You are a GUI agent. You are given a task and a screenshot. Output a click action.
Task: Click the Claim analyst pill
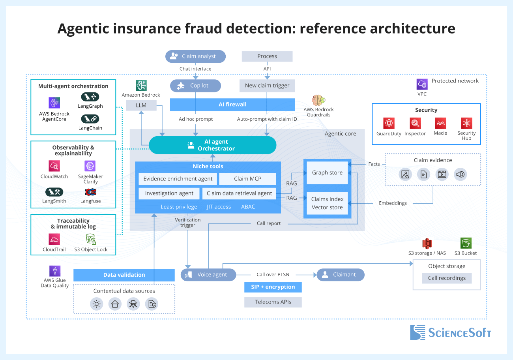pos(195,56)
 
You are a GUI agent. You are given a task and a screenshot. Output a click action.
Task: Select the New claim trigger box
pos(267,85)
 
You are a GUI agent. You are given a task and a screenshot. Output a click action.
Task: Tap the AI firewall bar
pos(232,105)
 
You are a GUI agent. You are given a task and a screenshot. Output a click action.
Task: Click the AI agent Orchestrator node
pos(212,145)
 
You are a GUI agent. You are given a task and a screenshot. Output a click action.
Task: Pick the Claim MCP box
pos(247,179)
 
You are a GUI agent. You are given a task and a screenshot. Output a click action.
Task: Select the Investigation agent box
pos(169,193)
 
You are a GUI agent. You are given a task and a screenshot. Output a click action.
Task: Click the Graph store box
pos(327,172)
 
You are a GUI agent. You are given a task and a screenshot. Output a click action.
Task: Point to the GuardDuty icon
pos(389,123)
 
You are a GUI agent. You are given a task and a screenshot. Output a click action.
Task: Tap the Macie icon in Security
pos(440,123)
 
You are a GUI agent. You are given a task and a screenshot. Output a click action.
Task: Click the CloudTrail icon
pos(54,239)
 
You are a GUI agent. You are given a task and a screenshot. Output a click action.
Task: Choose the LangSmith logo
pos(54,192)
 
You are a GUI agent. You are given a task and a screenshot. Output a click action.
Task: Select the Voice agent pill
pos(208,275)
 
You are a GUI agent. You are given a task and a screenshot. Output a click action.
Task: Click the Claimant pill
pos(340,275)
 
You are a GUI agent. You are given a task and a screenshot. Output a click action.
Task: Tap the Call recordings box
pos(447,278)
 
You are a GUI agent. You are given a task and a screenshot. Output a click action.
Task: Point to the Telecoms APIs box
pos(273,302)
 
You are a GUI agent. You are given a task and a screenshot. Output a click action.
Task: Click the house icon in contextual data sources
pos(115,304)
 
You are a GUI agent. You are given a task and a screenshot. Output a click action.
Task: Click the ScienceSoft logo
pos(450,332)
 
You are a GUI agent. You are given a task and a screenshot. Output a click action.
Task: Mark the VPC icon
pos(422,84)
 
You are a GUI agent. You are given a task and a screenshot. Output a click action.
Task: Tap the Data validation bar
pos(124,275)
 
